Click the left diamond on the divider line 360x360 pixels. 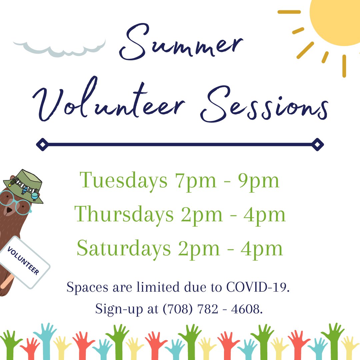(x=42, y=144)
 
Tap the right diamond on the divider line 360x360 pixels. (x=317, y=144)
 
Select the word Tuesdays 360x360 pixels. (x=123, y=181)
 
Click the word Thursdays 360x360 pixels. (x=124, y=215)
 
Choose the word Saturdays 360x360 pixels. (x=124, y=249)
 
